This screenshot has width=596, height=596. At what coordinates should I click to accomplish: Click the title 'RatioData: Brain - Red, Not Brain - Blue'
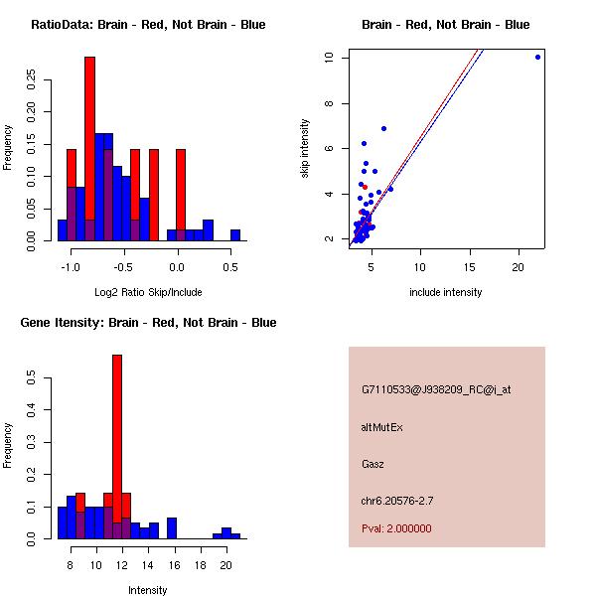coord(148,25)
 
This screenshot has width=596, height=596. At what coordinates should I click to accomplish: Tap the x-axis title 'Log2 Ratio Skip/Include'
coord(148,292)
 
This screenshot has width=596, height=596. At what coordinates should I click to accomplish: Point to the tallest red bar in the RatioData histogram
coord(89,149)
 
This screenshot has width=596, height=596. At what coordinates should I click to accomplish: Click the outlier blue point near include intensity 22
coord(537,57)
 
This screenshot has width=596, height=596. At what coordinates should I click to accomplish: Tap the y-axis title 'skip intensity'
coord(306,149)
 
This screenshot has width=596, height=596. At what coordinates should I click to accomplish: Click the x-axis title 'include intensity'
coord(446,292)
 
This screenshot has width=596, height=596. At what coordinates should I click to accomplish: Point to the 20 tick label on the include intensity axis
coord(519,266)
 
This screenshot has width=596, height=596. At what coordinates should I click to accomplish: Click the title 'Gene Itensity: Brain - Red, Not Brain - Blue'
coord(148,323)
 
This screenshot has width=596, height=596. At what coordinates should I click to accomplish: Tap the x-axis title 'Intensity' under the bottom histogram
coord(148,590)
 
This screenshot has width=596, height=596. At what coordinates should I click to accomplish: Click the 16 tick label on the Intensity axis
coord(173,564)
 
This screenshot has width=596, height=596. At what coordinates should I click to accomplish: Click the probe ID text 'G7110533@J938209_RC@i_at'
coord(436,390)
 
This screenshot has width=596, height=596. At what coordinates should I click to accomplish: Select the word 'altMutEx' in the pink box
coord(382,427)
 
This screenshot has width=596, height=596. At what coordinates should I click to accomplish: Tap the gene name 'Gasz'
coord(372,464)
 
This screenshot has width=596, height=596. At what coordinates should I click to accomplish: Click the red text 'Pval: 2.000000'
coord(396,528)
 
